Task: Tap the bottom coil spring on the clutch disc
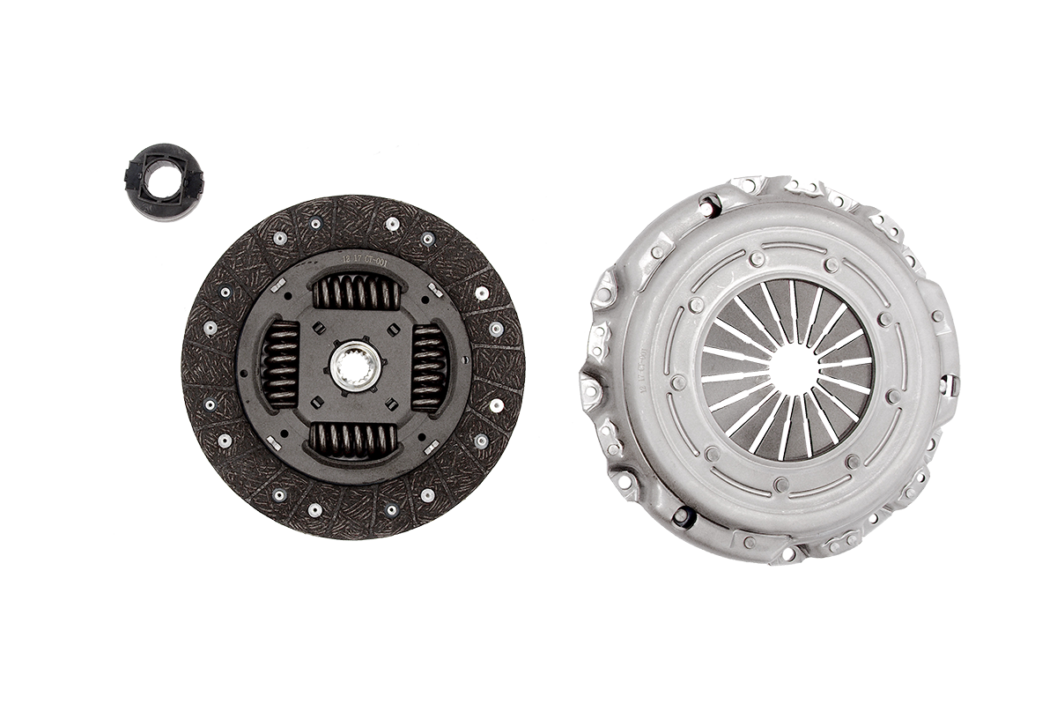[355, 439]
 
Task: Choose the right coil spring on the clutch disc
[429, 367]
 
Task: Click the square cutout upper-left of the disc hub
[317, 328]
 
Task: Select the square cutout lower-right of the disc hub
[393, 406]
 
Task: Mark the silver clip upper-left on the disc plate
[277, 285]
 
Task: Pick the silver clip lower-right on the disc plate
[432, 448]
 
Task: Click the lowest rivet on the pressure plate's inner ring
[780, 484]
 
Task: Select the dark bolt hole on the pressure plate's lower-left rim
[682, 517]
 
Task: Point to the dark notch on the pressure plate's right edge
[948, 385]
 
